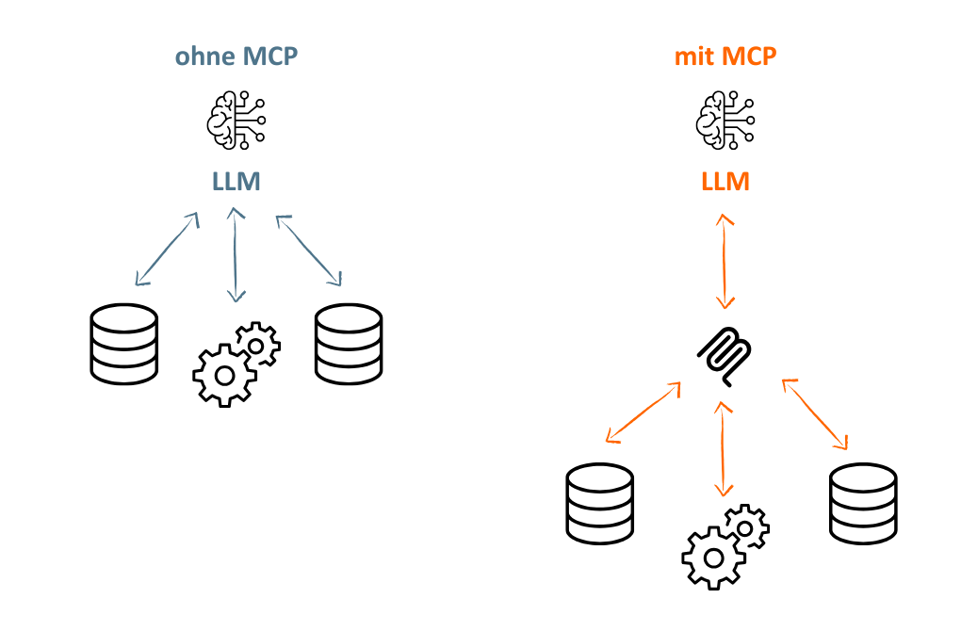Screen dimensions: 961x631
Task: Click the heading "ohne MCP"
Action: pyautogui.click(x=236, y=57)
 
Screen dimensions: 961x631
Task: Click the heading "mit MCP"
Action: pyautogui.click(x=725, y=57)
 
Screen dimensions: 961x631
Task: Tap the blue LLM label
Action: pyautogui.click(x=236, y=182)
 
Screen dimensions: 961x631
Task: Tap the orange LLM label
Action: pyautogui.click(x=725, y=182)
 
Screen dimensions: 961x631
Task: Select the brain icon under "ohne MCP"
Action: pyautogui.click(x=236, y=120)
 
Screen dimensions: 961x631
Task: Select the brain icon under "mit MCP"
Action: pyautogui.click(x=725, y=120)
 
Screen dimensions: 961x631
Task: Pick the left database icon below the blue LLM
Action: pyautogui.click(x=123, y=344)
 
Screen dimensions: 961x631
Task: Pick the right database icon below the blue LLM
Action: pyautogui.click(x=349, y=344)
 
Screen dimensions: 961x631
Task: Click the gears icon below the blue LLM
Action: pyautogui.click(x=236, y=364)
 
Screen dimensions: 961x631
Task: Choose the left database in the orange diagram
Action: pyautogui.click(x=599, y=504)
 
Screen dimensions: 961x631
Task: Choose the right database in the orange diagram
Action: pyautogui.click(x=863, y=504)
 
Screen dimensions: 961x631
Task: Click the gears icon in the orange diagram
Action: pyautogui.click(x=725, y=547)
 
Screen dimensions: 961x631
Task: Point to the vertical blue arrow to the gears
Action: pyautogui.click(x=236, y=255)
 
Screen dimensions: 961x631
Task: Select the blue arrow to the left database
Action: pyautogui.click(x=168, y=249)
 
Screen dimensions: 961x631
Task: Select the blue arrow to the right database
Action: pyautogui.click(x=309, y=250)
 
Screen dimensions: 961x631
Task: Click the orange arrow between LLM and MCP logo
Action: pyautogui.click(x=725, y=262)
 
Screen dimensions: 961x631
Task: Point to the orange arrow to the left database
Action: pyautogui.click(x=643, y=413)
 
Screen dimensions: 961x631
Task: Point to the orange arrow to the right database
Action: pyautogui.click(x=815, y=414)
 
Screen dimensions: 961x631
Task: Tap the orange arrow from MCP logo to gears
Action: pyautogui.click(x=724, y=449)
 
